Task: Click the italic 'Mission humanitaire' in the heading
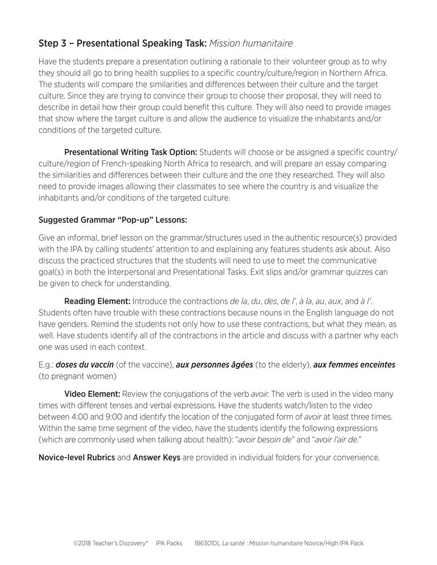coord(250,43)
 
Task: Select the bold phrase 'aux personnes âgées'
coord(214,365)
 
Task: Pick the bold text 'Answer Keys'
coord(156,457)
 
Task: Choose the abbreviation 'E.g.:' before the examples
coord(46,365)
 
